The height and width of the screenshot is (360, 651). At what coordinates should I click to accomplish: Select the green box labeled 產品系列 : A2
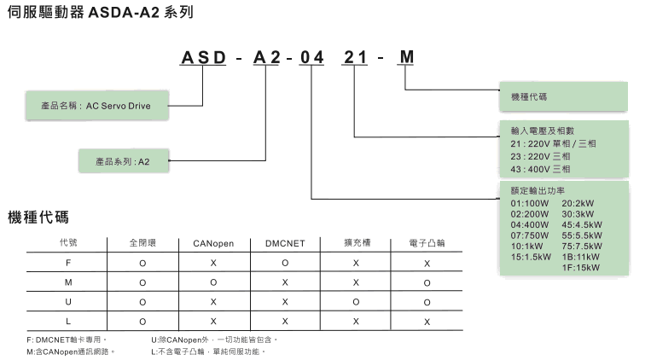click(125, 160)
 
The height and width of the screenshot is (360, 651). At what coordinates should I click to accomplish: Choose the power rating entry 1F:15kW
click(582, 266)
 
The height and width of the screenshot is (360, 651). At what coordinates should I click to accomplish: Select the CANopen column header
click(213, 243)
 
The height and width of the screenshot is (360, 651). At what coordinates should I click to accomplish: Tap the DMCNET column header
click(285, 243)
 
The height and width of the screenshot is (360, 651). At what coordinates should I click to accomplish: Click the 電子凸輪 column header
click(427, 243)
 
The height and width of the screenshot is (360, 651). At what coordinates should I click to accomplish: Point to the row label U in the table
click(68, 301)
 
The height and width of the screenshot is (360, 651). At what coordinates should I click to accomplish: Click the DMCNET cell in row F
click(285, 263)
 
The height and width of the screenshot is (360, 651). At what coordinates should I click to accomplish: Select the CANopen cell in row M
click(213, 282)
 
